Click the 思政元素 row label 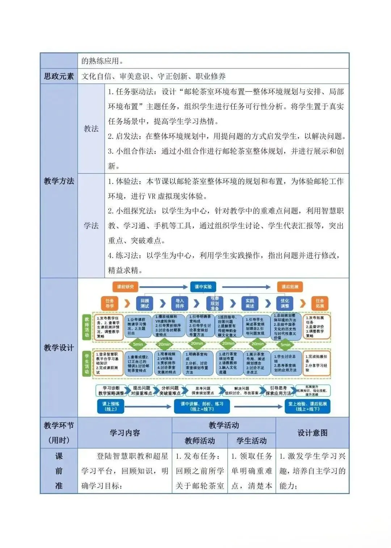pyautogui.click(x=59, y=76)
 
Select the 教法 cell pyautogui.click(x=91, y=129)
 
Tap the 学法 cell pyautogui.click(x=91, y=225)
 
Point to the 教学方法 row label pyautogui.click(x=59, y=181)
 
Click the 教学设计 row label pyautogui.click(x=59, y=348)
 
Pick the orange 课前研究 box pyautogui.click(x=125, y=287)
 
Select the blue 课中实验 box pyautogui.click(x=203, y=287)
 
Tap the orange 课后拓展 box pyautogui.click(x=290, y=287)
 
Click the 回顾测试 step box pyautogui.click(x=145, y=303)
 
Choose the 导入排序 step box pyautogui.click(x=180, y=303)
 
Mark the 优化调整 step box pyautogui.click(x=285, y=303)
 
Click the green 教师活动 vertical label pyautogui.click(x=87, y=327)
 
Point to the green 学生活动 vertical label pyautogui.click(x=87, y=364)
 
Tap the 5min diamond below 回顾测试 pyautogui.click(x=138, y=344)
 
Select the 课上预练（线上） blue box pyautogui.click(x=111, y=406)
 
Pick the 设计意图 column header pyautogui.click(x=312, y=432)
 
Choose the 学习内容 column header pyautogui.click(x=125, y=432)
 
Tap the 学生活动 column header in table pyautogui.click(x=252, y=440)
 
